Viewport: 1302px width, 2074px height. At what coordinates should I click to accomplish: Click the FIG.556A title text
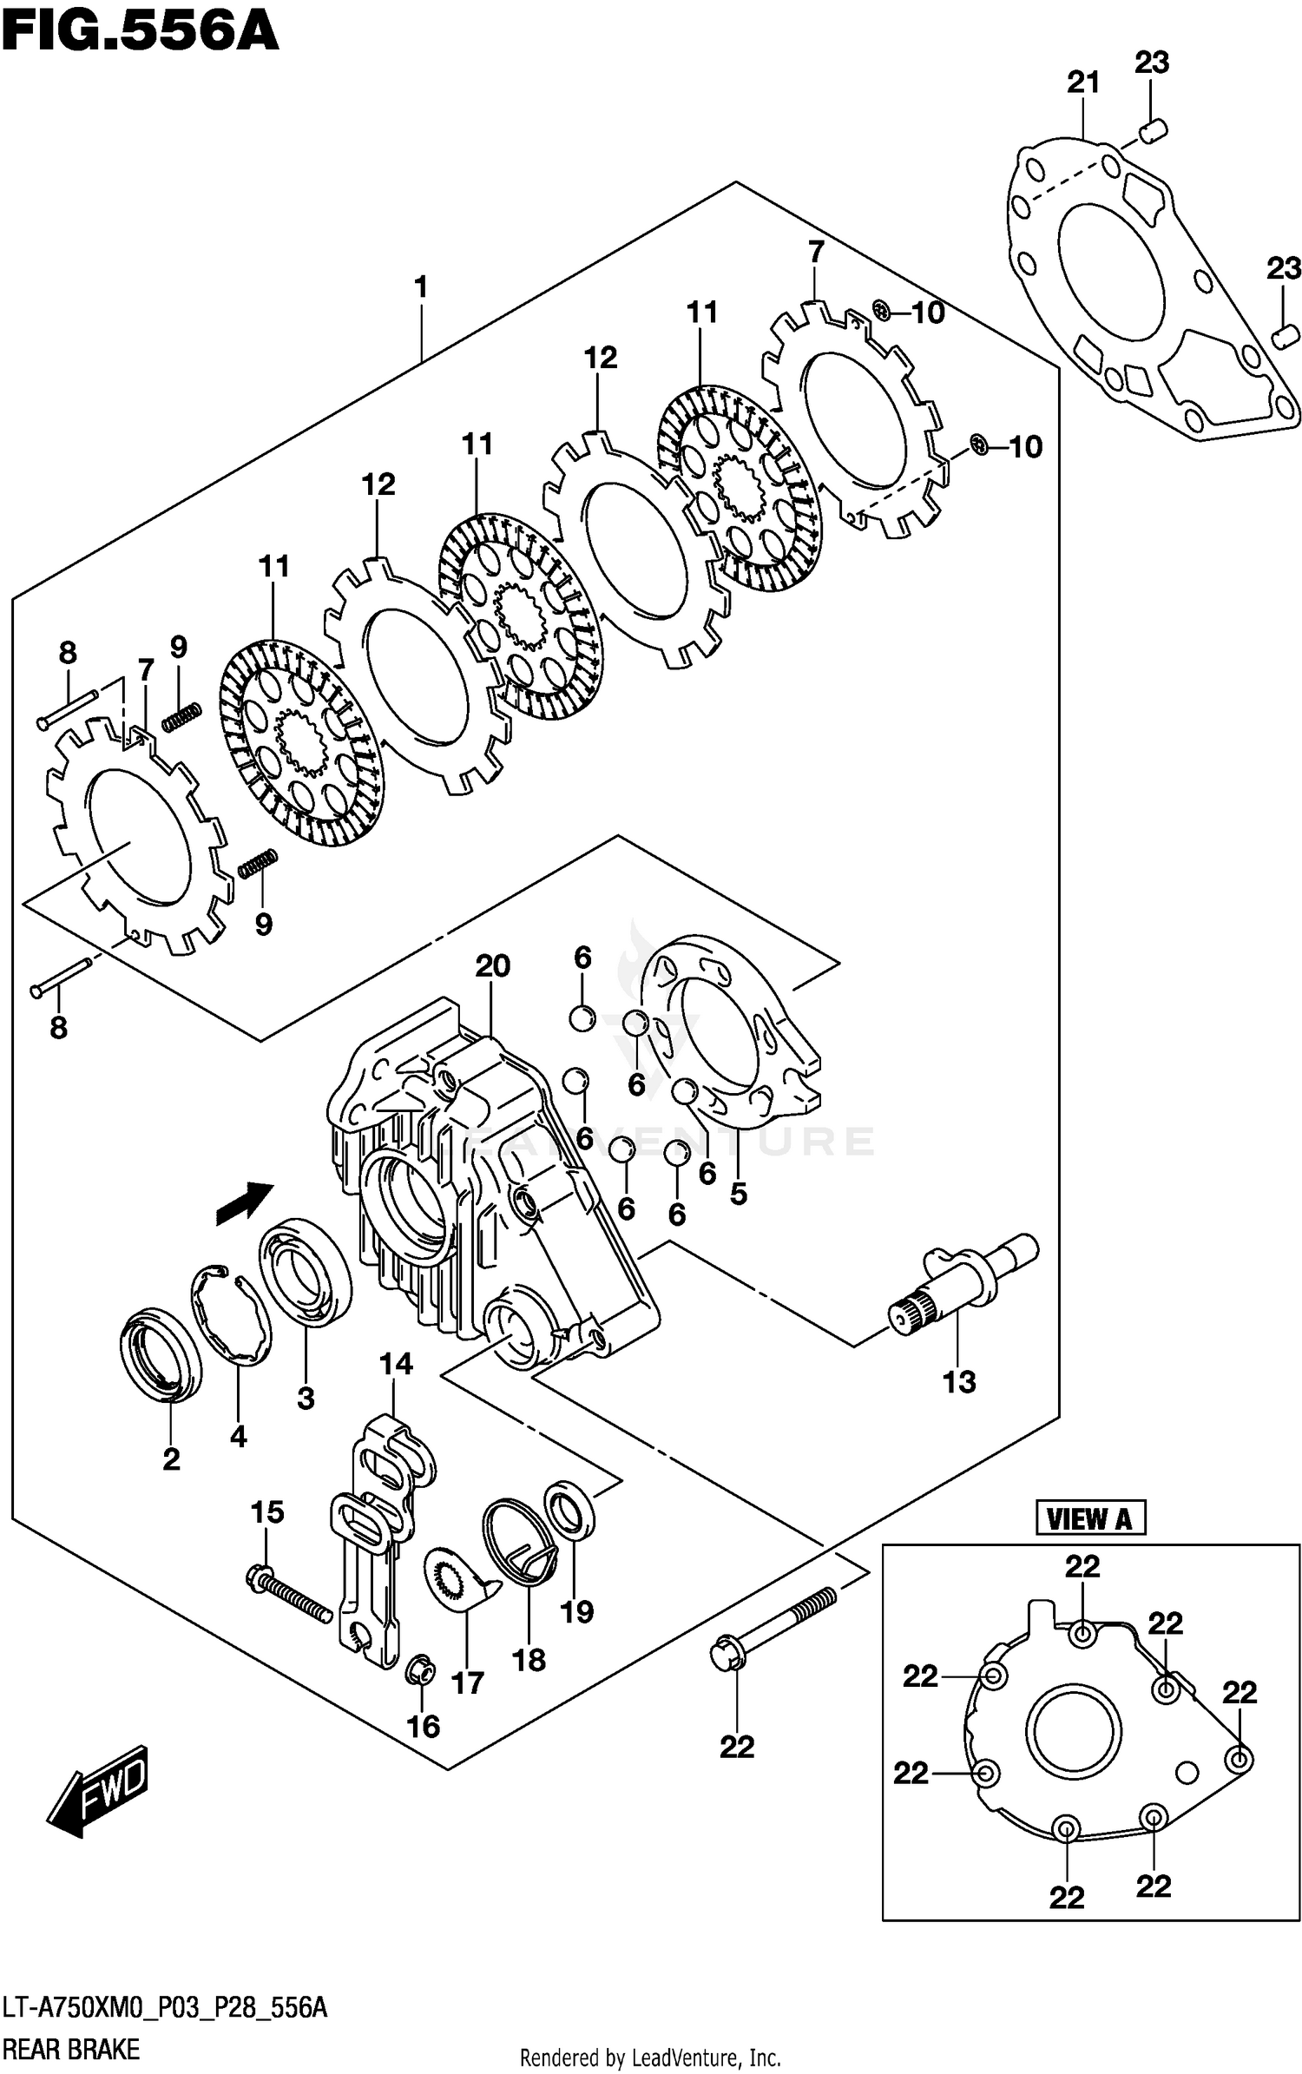(x=139, y=33)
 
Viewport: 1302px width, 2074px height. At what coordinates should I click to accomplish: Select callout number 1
(x=421, y=286)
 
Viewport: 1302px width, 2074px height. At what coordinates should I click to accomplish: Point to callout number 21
(x=1083, y=82)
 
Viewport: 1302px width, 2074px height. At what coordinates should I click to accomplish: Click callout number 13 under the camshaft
(x=959, y=1381)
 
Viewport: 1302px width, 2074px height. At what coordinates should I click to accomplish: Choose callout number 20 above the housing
(x=492, y=965)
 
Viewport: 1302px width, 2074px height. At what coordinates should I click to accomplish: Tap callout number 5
(x=738, y=1194)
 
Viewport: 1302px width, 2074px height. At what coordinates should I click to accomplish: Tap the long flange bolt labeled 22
(x=773, y=1622)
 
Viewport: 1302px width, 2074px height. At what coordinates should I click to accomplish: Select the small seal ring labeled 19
(x=569, y=1511)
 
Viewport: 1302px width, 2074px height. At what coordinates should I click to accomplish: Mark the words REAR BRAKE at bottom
(x=69, y=2049)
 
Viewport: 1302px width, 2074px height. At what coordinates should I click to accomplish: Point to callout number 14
(x=396, y=1364)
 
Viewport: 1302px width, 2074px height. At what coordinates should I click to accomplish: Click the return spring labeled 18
(x=519, y=1541)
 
